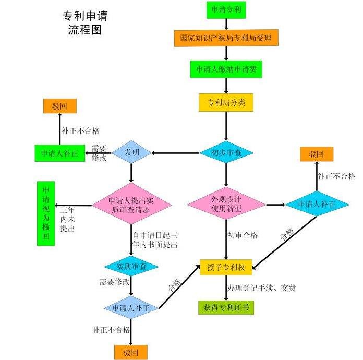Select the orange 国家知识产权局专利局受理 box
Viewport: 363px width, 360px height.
226,38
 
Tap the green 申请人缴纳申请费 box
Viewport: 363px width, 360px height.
226,69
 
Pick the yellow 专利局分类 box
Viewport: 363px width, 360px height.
226,102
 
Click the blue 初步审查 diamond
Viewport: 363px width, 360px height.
226,153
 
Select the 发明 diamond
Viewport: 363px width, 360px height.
131,153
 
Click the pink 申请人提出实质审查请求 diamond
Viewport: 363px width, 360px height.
131,205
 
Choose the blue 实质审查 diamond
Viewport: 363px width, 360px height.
131,266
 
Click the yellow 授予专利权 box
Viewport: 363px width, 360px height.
226,268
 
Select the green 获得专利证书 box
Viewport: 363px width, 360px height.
226,307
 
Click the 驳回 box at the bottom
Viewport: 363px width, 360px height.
131,352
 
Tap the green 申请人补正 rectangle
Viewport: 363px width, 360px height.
59,153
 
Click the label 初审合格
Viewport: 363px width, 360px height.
243,235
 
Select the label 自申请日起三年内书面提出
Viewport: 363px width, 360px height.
155,239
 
